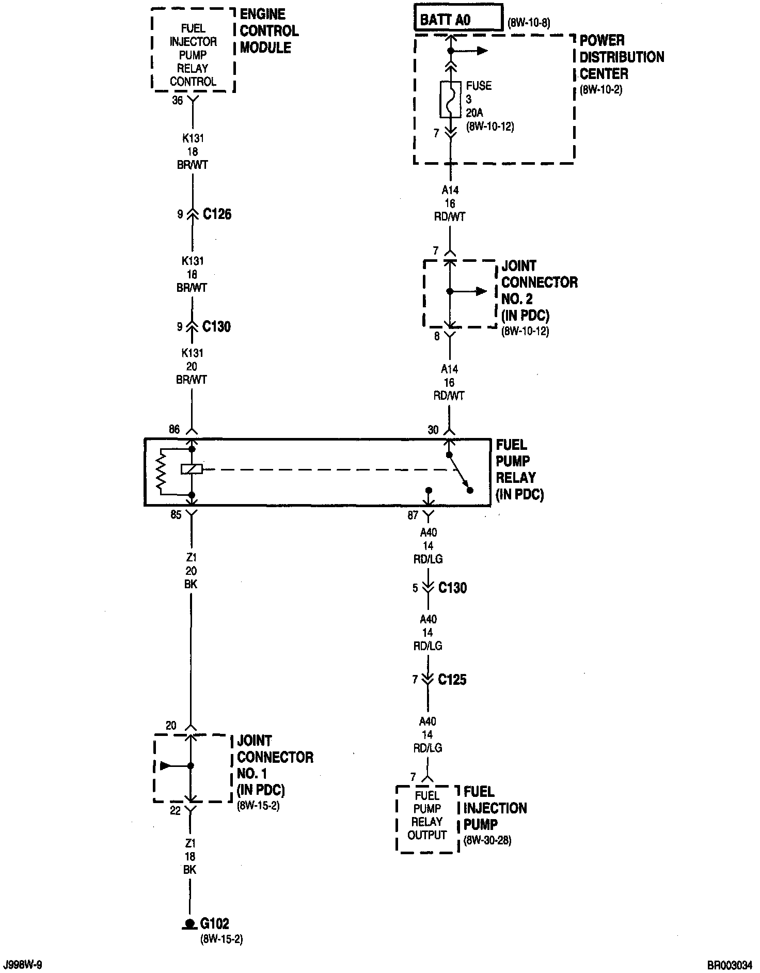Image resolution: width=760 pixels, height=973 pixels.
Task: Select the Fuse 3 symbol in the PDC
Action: point(450,99)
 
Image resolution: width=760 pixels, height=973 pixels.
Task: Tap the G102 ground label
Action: point(215,923)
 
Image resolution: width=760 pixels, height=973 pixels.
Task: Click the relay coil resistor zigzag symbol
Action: point(162,470)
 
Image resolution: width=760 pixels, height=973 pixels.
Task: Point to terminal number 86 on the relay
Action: point(174,429)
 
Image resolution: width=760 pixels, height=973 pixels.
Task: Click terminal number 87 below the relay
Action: point(413,515)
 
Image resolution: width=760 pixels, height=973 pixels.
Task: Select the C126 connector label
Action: point(217,214)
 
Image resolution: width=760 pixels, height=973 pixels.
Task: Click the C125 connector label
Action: point(452,680)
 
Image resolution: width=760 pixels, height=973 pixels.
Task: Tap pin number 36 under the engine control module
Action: point(177,101)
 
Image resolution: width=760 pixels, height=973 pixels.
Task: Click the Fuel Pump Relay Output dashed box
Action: point(427,819)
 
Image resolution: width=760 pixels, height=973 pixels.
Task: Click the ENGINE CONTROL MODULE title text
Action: point(268,31)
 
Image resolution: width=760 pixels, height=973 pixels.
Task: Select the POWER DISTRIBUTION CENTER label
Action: point(621,57)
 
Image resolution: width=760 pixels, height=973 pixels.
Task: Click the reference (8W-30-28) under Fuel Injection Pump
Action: point(487,840)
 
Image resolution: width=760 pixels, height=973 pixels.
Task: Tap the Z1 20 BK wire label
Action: point(191,571)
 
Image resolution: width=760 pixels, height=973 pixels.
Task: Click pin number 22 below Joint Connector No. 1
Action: point(176,810)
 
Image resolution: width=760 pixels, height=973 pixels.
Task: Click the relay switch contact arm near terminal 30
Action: point(459,472)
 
